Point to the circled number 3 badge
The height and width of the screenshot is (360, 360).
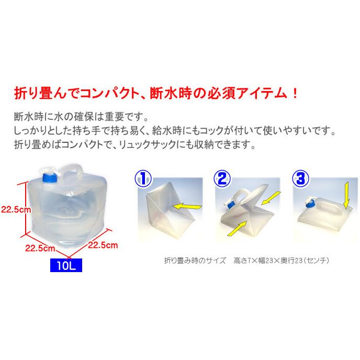coord(299,178)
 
